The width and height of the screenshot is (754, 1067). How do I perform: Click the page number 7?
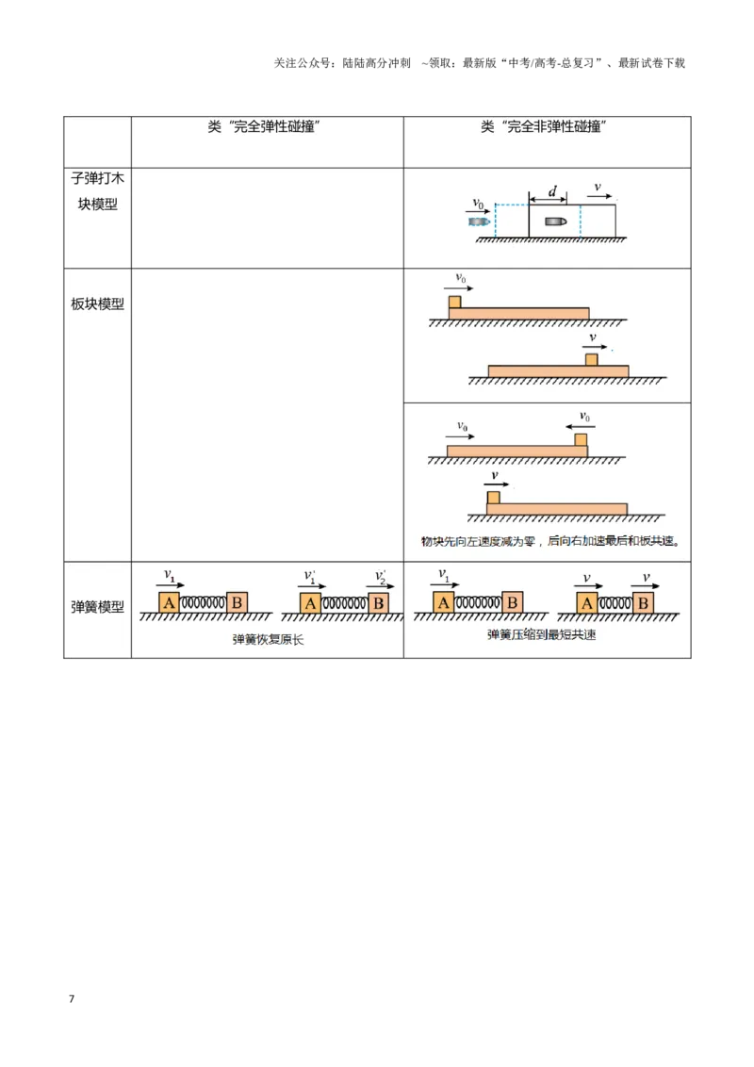[72, 998]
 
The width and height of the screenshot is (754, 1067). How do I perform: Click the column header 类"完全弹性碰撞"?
[264, 126]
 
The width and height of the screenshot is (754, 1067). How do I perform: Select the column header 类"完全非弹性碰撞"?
[544, 126]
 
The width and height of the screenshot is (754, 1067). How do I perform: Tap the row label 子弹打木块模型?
[97, 191]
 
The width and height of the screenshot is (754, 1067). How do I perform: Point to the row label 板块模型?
[97, 304]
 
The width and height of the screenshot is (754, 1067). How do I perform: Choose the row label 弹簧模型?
[97, 607]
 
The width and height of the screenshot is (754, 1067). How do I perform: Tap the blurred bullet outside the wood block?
[479, 222]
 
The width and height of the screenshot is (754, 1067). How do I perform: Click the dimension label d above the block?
[552, 191]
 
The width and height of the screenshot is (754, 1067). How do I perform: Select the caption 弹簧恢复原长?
[268, 640]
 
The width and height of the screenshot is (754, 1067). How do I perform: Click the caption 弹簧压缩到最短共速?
[542, 635]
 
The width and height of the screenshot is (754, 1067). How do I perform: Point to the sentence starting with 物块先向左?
[550, 541]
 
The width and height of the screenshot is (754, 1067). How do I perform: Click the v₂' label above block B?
[380, 576]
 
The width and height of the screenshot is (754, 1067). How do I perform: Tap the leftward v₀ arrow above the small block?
[580, 427]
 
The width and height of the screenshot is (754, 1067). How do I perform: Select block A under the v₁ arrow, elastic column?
[169, 602]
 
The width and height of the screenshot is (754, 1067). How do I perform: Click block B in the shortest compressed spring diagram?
[643, 603]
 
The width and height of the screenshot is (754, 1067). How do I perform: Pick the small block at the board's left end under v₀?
[454, 302]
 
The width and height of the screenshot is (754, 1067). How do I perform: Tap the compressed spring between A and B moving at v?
[615, 603]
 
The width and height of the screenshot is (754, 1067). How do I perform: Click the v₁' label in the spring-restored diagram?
[310, 576]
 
